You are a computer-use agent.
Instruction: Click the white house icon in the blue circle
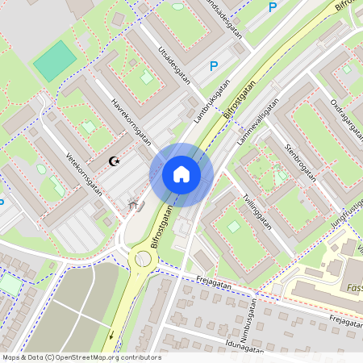(x=181, y=173)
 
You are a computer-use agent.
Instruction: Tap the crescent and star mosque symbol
(x=115, y=161)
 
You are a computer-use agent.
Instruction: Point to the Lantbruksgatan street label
(x=211, y=106)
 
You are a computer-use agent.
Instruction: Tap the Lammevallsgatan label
(x=258, y=121)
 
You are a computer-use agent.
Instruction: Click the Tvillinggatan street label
(x=257, y=212)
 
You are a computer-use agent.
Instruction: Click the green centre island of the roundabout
(x=144, y=259)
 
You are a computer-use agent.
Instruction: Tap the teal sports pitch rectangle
(x=55, y=61)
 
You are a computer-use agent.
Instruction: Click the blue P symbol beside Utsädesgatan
(x=213, y=67)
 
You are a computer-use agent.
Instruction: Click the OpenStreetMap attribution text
(x=81, y=357)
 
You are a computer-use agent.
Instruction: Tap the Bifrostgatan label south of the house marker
(x=161, y=227)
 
